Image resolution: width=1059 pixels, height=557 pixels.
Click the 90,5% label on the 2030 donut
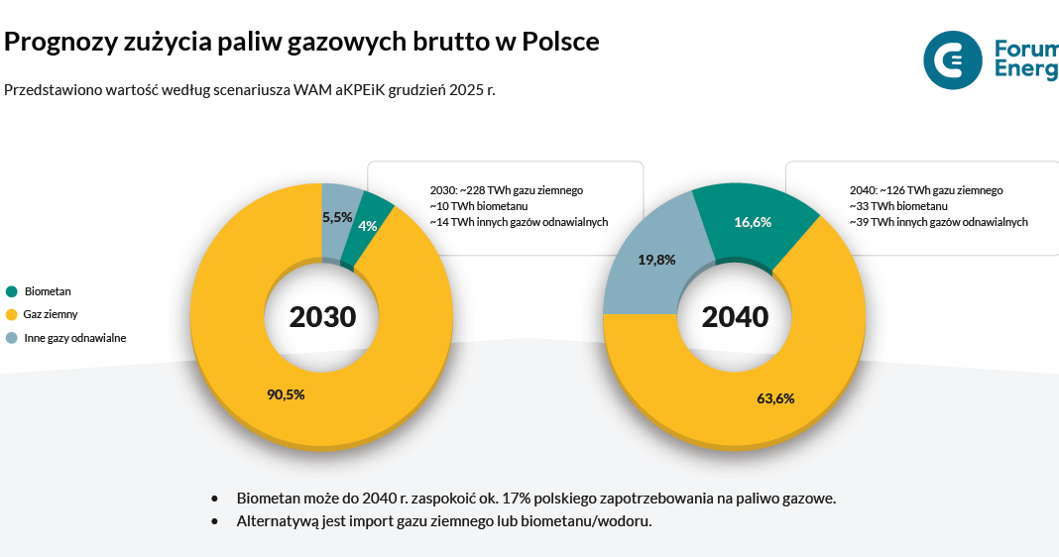coord(286,394)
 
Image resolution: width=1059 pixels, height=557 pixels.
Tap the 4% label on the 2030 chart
coord(368,226)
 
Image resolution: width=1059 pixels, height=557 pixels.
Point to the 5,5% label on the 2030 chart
coord(337,216)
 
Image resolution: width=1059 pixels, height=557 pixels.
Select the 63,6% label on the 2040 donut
coord(775,398)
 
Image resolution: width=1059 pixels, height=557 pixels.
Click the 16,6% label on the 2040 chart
coord(753,222)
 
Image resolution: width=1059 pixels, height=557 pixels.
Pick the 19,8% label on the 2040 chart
coord(656,260)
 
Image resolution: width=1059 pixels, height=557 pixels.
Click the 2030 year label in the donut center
coord(322,317)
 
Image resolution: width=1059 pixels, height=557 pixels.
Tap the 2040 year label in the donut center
coord(735,317)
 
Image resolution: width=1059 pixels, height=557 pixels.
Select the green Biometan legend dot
coord(12,291)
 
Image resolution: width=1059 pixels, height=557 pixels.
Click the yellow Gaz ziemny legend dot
coord(12,314)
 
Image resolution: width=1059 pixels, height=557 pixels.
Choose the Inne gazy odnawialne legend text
coord(74,338)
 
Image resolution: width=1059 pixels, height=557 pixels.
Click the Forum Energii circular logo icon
coord(952,59)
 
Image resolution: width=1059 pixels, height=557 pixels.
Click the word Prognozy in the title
coord(56,43)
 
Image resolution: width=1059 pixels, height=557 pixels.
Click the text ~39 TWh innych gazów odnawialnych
coord(938,222)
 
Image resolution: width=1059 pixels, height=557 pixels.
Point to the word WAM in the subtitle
coord(311,89)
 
